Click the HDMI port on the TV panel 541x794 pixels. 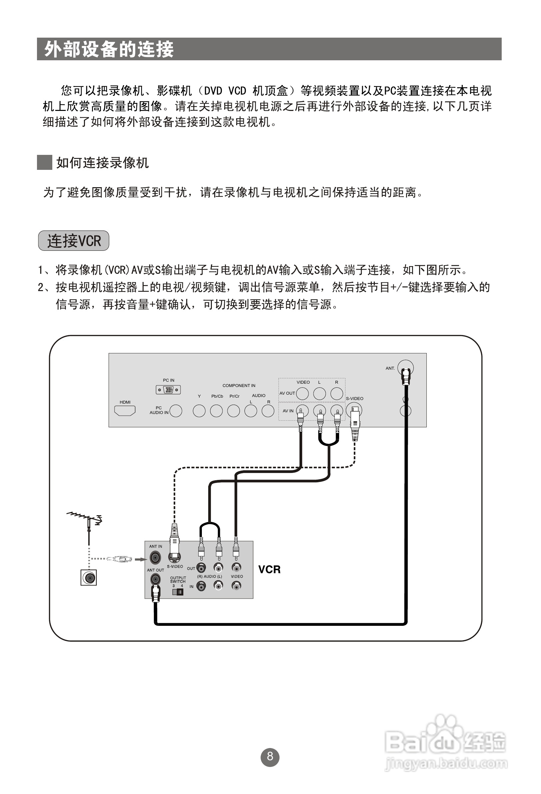pos(125,410)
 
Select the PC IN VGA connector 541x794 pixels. pos(168,389)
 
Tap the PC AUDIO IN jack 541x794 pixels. pos(176,411)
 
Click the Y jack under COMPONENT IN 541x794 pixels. pos(199,411)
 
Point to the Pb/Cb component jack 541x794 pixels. pos(216,411)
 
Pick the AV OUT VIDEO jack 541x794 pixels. pos(302,394)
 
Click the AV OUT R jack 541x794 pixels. pos(337,394)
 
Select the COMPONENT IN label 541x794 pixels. pos(239,385)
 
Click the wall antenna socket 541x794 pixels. pos(89,578)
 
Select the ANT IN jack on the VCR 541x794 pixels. pos(155,558)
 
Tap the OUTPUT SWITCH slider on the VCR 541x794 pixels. pos(178,592)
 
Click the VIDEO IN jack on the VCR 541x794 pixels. pos(236,586)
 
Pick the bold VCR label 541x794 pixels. pos(269,569)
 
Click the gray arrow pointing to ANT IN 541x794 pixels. pos(141,559)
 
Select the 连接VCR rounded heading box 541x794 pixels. pos(74,240)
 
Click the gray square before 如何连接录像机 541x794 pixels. pos(44,162)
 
